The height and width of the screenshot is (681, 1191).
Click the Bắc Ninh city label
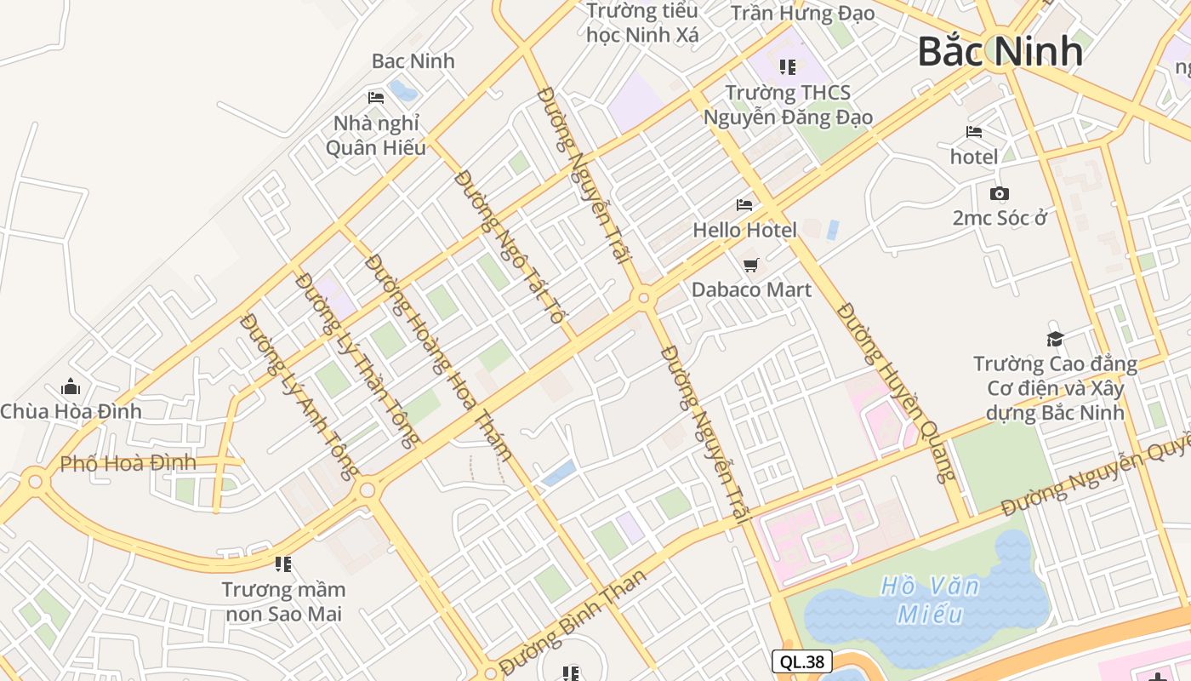[1000, 52]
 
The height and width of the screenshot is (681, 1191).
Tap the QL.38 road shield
[801, 661]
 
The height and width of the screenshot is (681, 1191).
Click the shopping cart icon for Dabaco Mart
[750, 266]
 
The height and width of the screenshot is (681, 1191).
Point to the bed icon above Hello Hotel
[744, 205]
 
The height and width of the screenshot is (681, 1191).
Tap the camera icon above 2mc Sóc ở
[1000, 193]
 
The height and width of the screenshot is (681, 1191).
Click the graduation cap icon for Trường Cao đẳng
[1055, 339]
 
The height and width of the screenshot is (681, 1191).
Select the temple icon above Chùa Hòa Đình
[71, 386]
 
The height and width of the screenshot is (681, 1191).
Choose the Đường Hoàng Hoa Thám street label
[438, 358]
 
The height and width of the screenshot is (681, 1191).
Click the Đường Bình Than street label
[573, 621]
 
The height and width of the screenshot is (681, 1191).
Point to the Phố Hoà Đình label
[128, 464]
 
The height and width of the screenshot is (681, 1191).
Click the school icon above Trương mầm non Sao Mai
[282, 564]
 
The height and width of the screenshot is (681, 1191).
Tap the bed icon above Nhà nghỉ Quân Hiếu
[375, 98]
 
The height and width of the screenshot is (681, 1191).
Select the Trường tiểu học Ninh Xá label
[642, 23]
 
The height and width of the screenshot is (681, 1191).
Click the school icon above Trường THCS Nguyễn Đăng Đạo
[787, 66]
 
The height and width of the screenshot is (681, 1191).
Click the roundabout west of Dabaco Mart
[643, 298]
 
